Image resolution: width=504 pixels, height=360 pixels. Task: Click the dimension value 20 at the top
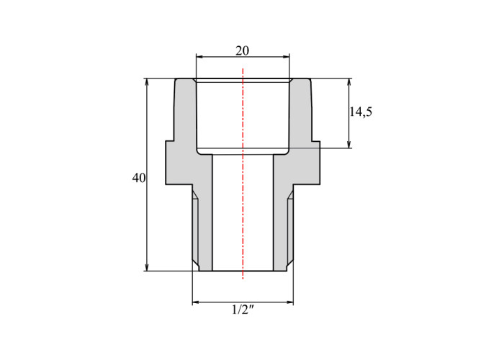243,51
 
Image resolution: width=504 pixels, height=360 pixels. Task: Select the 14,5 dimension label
361,112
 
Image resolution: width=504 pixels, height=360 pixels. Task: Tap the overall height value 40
139,178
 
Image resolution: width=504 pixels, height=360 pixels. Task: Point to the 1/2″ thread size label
243,310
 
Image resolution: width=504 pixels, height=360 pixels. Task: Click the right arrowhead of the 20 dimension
286,57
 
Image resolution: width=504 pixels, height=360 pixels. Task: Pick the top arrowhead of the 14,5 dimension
348,82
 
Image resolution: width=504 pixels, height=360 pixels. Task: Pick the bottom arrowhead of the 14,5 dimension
348,144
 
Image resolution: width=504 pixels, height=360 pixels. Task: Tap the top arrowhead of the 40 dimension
147,82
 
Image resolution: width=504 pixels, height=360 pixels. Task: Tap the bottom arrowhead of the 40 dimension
147,267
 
